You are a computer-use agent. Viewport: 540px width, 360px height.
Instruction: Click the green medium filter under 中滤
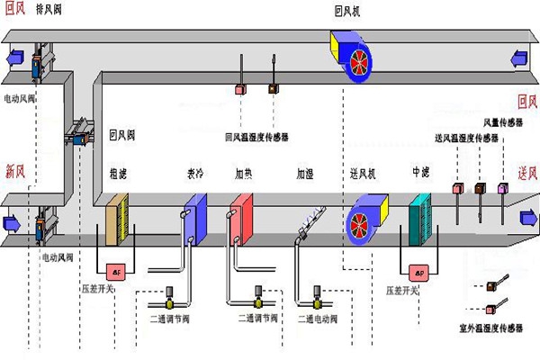[420, 219]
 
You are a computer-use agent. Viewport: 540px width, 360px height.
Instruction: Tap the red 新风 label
[15, 169]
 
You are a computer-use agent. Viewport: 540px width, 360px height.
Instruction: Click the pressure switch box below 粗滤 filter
[116, 270]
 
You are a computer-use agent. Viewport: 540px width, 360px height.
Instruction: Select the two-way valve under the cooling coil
[169, 292]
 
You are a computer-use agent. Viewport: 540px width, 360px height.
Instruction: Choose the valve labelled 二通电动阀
[318, 292]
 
